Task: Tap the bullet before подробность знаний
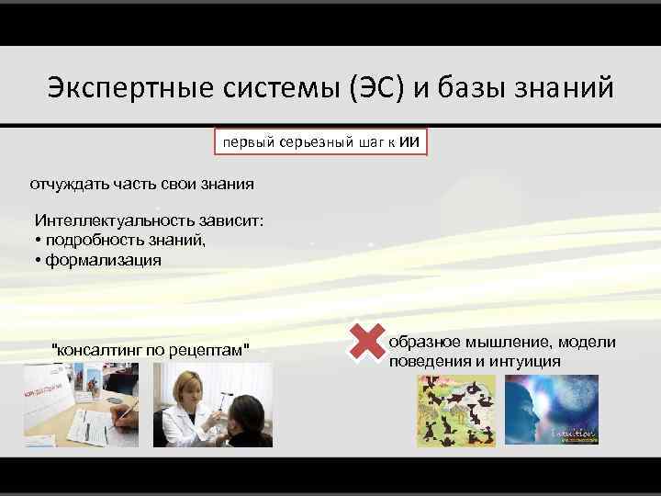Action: click(x=38, y=242)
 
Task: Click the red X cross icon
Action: click(x=366, y=341)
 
